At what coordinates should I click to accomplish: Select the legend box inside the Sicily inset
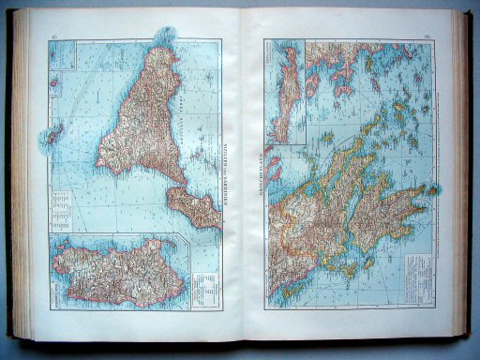[x=202, y=281]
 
